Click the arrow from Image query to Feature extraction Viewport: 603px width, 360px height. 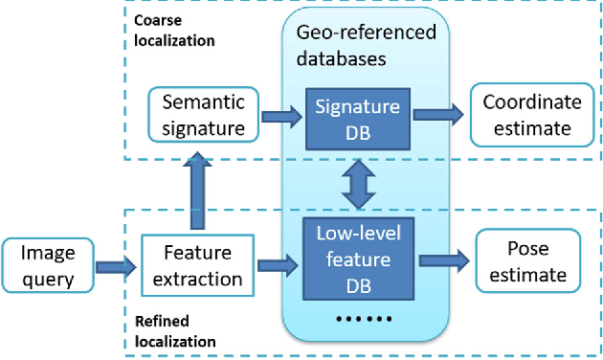pyautogui.click(x=115, y=266)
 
